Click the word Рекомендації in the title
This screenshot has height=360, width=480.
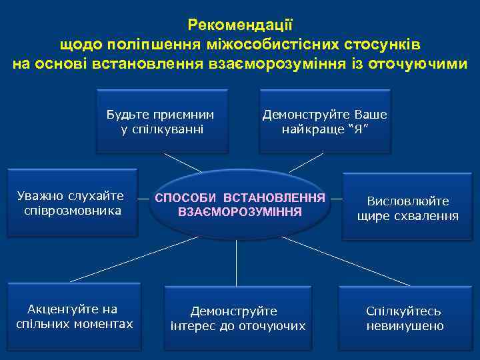[240, 25]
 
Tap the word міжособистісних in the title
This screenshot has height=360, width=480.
[285, 45]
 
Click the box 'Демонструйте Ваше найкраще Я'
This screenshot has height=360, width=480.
[325, 121]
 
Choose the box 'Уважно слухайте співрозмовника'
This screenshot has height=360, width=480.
[71, 203]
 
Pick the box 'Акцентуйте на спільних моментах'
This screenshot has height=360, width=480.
[74, 317]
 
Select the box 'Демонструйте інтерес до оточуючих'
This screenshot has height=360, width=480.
[237, 319]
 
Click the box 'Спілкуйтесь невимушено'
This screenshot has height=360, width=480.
[405, 319]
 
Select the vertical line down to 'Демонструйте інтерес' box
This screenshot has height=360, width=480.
[238, 263]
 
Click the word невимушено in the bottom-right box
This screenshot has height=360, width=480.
[405, 326]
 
